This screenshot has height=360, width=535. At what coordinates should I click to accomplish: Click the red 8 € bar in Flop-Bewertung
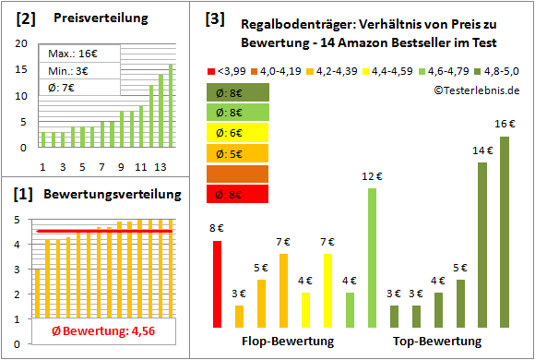(x=217, y=283)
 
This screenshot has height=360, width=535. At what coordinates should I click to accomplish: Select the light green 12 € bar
(x=372, y=258)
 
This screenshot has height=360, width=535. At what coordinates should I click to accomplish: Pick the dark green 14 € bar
(x=482, y=245)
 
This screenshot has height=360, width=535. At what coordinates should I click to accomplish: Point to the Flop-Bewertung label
(x=287, y=342)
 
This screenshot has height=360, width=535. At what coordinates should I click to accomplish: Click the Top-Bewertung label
(x=438, y=342)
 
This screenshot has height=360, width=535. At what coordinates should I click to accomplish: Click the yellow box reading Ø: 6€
(x=238, y=132)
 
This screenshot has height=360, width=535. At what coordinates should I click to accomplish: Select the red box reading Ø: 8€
(x=238, y=194)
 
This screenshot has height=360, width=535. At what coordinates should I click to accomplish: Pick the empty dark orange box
(x=238, y=174)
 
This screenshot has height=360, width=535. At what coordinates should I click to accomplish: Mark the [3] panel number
(x=214, y=18)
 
